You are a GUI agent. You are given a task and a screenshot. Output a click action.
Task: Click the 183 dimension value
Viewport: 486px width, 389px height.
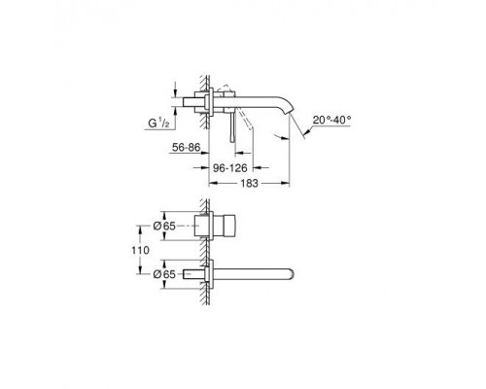[x=250, y=184]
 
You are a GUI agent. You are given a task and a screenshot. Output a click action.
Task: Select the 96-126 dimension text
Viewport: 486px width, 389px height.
[x=230, y=168]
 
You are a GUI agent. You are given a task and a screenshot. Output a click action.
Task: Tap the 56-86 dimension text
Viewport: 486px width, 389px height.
[x=187, y=148]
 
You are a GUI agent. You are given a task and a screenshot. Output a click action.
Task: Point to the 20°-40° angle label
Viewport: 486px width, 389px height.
[x=331, y=121]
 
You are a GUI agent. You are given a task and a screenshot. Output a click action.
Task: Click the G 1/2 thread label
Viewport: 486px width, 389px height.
[x=158, y=124]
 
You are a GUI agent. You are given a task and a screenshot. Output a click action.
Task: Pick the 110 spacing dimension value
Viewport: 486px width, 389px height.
[x=141, y=250]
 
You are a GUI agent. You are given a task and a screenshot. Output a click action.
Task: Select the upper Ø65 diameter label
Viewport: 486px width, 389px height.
[x=164, y=226]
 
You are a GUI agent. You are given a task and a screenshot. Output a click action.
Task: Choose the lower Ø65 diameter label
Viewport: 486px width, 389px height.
[x=164, y=274]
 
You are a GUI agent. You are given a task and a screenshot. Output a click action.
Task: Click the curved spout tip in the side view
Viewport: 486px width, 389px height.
[x=288, y=110]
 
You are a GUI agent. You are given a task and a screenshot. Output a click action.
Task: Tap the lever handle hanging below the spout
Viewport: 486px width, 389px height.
[x=232, y=127]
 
